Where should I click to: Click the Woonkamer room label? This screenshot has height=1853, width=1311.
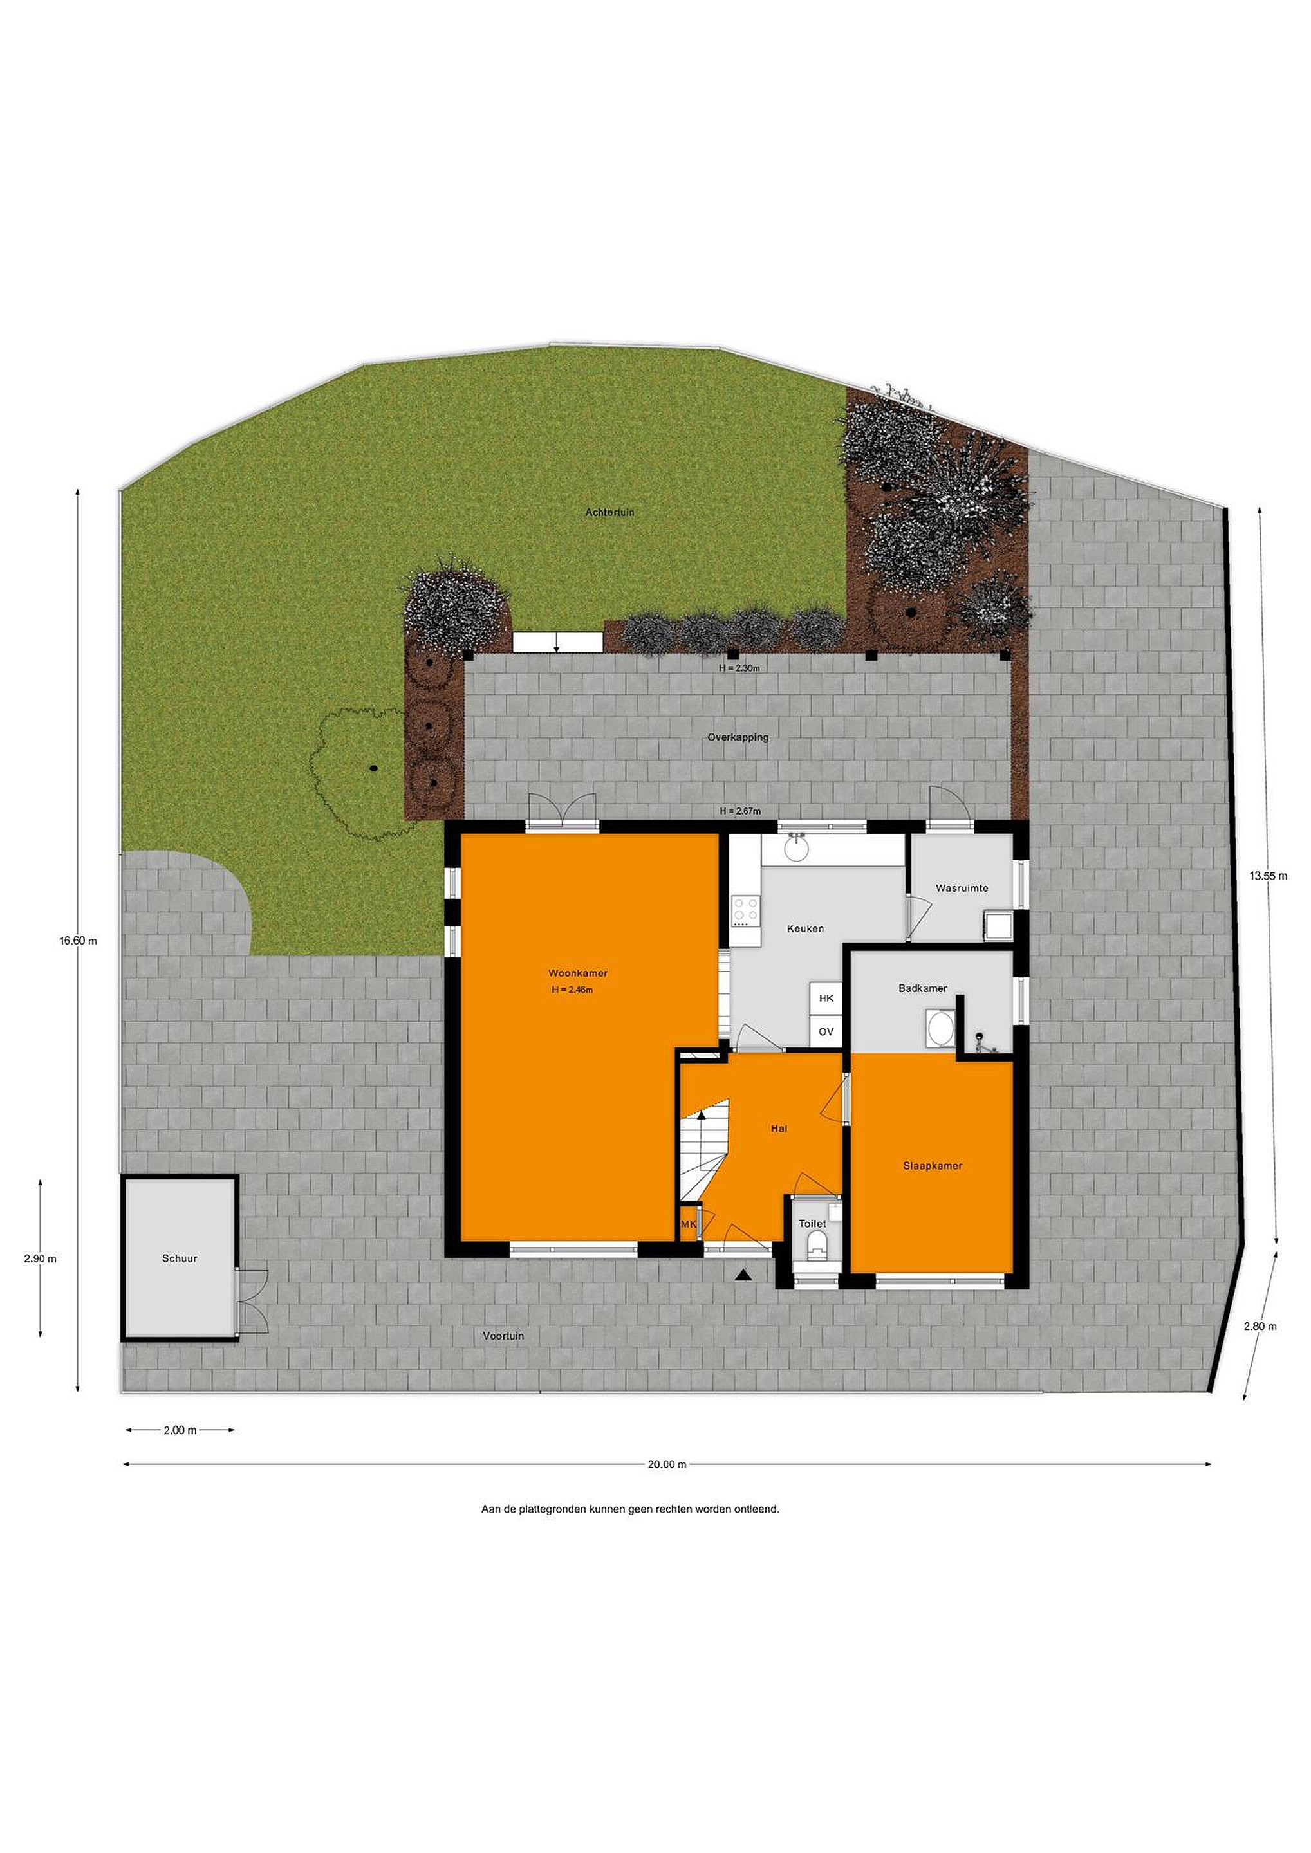(577, 973)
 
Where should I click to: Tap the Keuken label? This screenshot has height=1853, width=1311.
(805, 929)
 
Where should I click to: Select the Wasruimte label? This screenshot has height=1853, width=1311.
(962, 889)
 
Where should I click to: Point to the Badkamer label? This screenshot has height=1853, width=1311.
(923, 989)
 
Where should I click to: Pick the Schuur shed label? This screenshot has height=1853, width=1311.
(179, 1258)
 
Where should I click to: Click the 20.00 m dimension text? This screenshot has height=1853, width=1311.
(666, 1465)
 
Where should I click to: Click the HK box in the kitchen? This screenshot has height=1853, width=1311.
(826, 999)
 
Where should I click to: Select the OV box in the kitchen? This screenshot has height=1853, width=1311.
(826, 1031)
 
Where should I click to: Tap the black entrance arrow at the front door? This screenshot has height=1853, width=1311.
(743, 1275)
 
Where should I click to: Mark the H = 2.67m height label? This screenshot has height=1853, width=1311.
(740, 811)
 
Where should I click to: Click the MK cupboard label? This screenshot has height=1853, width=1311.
(688, 1224)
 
